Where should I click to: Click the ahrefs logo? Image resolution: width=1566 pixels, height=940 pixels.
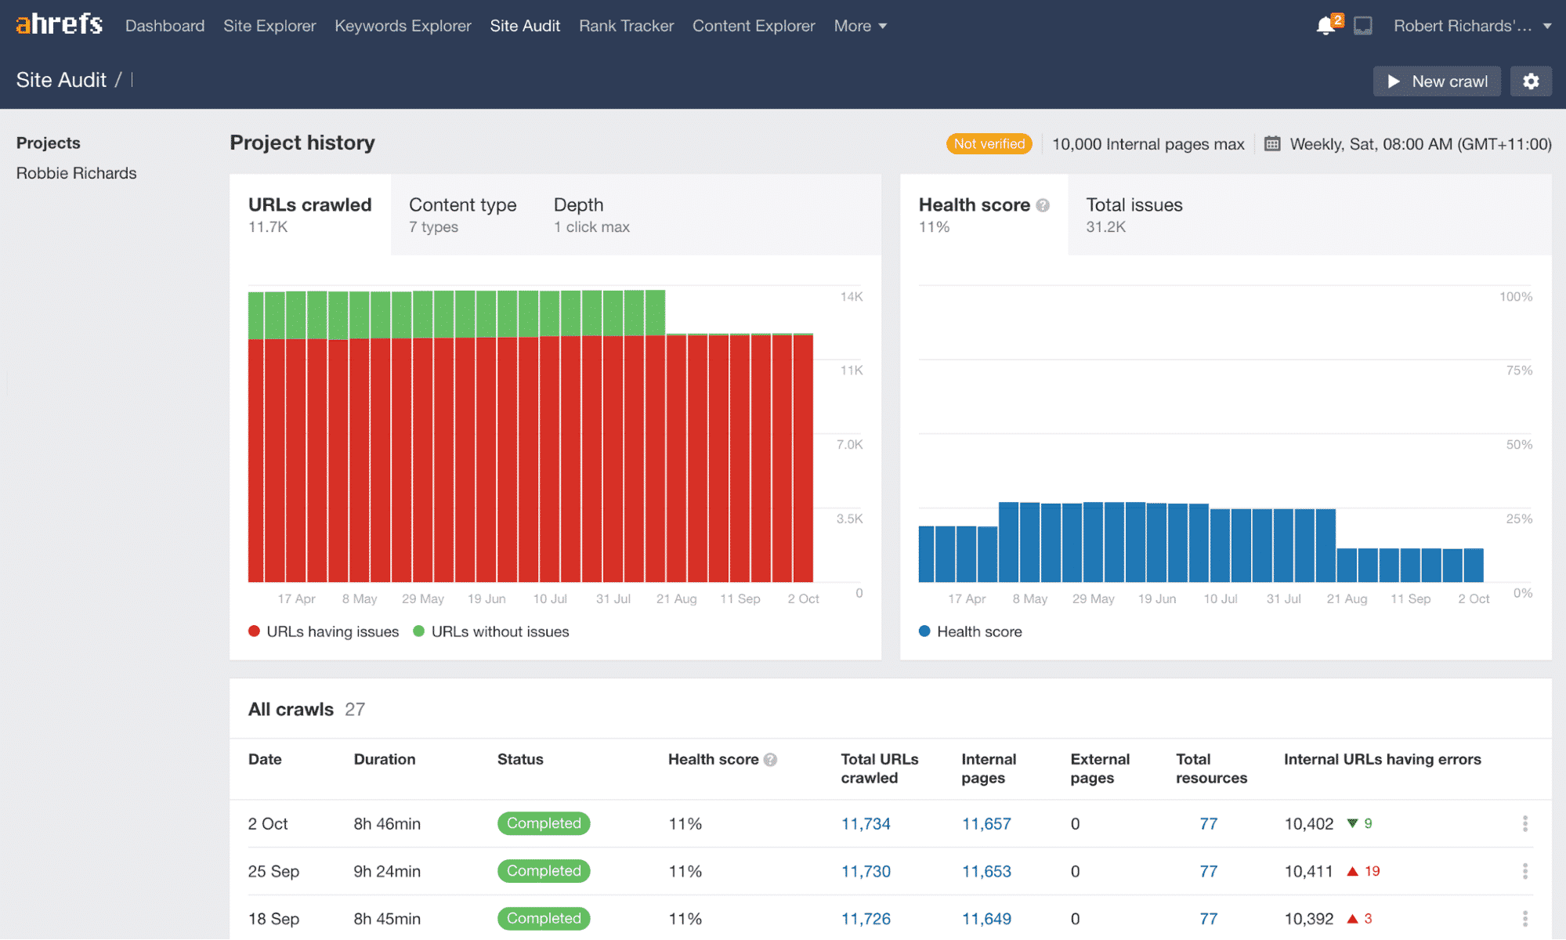tap(59, 24)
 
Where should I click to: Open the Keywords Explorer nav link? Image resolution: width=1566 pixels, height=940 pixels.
tap(403, 26)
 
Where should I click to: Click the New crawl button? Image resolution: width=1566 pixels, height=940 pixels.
tap(1437, 81)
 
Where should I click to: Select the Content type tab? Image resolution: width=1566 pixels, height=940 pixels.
tap(462, 215)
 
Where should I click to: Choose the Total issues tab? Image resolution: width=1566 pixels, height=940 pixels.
tap(1134, 215)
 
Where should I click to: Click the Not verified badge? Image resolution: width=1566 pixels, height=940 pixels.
tap(989, 144)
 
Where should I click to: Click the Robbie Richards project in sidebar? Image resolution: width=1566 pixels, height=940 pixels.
tap(76, 173)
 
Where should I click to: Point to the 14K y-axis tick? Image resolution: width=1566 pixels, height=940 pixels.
tap(851, 297)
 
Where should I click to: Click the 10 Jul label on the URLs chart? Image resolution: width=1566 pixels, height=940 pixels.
tap(550, 599)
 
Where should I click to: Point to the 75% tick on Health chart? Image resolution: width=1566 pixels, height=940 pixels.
tap(1518, 371)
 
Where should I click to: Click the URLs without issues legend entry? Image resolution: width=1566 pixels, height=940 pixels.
tap(499, 632)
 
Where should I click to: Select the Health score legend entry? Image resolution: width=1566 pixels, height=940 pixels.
tap(978, 632)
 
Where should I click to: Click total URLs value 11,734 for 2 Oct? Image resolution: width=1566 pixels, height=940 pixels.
tap(866, 824)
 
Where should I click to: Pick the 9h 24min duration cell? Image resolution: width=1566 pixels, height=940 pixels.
tap(387, 872)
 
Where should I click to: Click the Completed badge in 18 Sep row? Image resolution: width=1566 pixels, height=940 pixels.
tap(544, 919)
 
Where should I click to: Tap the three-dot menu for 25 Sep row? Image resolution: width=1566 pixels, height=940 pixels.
tap(1524, 871)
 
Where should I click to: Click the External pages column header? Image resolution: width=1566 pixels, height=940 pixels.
tap(1099, 768)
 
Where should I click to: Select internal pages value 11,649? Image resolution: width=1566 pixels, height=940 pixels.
tap(986, 919)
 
